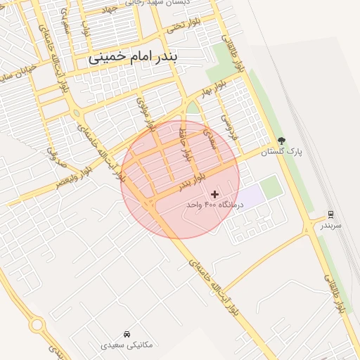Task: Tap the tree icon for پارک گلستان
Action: coord(282,141)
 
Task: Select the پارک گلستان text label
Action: coord(281,153)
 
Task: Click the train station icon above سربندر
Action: coord(330,214)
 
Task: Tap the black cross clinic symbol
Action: coord(214,193)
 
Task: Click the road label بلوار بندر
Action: coord(191,181)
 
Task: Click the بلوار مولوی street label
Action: coord(144,113)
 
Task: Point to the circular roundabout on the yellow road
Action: coord(37,325)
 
